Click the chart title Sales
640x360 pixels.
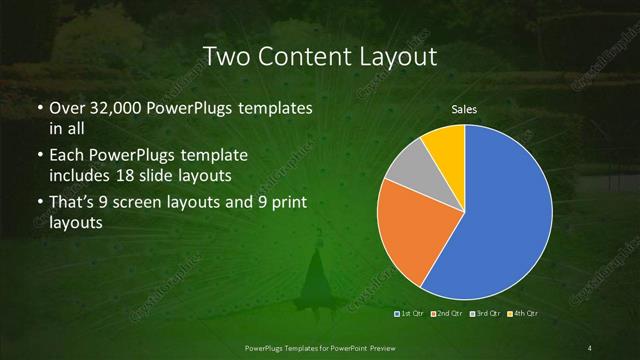tap(464, 108)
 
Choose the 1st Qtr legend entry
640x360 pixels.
tap(411, 314)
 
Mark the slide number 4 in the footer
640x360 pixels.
tap(590, 347)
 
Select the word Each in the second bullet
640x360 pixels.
tap(67, 157)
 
